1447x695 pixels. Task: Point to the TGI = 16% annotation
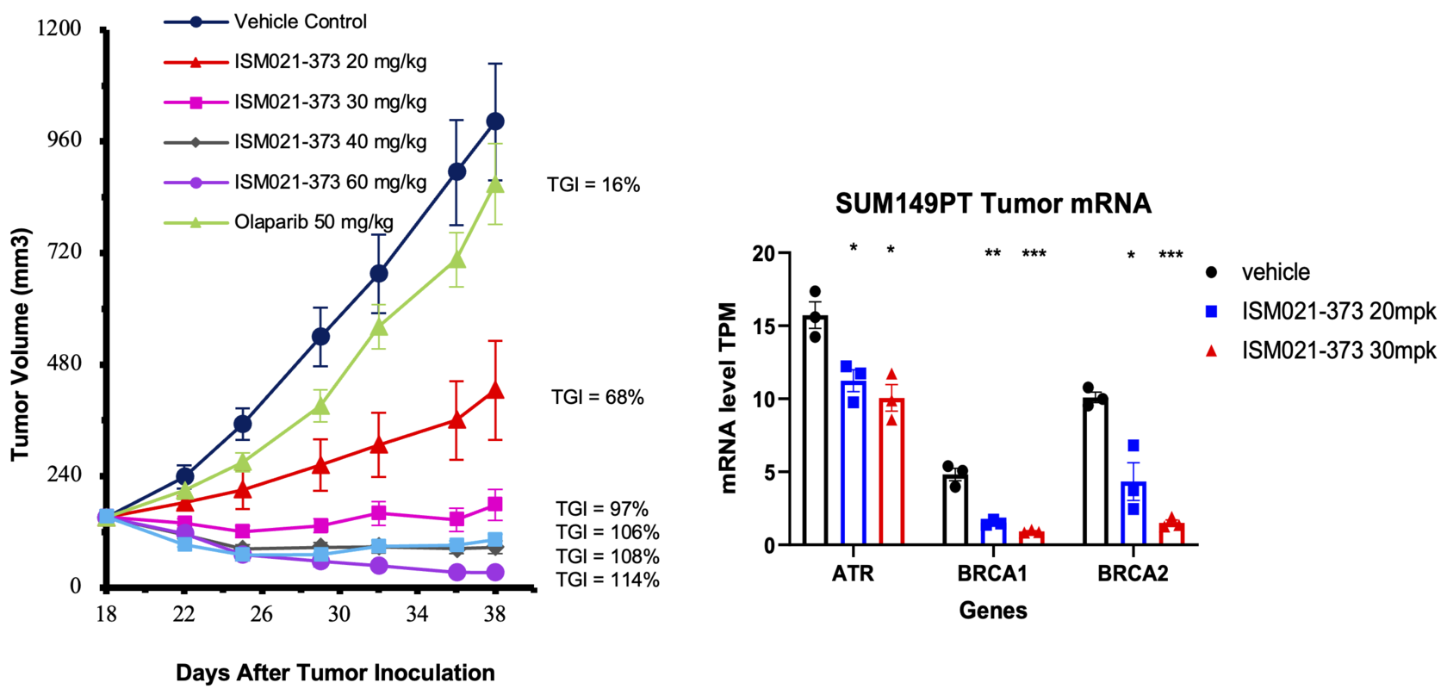593,185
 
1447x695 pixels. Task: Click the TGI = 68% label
598,397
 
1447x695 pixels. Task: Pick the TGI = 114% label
607,580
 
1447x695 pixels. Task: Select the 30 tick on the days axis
338,614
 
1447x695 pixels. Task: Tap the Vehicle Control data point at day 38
495,121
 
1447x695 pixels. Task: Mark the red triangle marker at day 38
495,390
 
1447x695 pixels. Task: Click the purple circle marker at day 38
495,572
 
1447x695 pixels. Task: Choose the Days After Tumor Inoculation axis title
335,673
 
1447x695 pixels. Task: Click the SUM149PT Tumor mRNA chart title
993,204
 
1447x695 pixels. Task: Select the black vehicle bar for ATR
815,431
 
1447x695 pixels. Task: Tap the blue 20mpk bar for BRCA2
1133,513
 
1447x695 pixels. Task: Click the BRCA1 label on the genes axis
992,574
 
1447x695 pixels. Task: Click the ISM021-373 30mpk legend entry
1338,351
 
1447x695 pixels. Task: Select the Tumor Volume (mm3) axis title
20,344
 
